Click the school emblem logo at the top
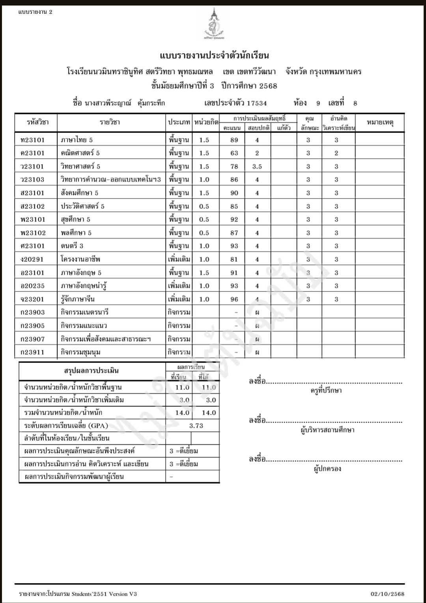pos(214,24)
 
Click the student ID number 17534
pos(257,103)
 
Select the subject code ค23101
pos(33,153)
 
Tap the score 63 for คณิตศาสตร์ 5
pos(234,153)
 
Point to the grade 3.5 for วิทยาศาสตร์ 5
pos(257,167)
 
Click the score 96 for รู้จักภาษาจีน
pos(234,299)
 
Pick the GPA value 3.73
pos(196,426)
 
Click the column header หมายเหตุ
pos(380,122)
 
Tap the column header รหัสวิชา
pos(37,122)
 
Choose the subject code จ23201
pos(33,299)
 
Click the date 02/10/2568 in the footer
pos(387,594)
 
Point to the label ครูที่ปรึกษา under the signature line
pos(326,391)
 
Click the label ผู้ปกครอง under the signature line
pos(327,469)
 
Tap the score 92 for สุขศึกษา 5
pos(234,220)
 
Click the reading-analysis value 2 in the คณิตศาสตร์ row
pos(336,153)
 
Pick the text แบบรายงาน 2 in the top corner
pos(35,12)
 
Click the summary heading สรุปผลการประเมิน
pos(91,371)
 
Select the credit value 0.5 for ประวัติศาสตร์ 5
pos(204,207)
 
